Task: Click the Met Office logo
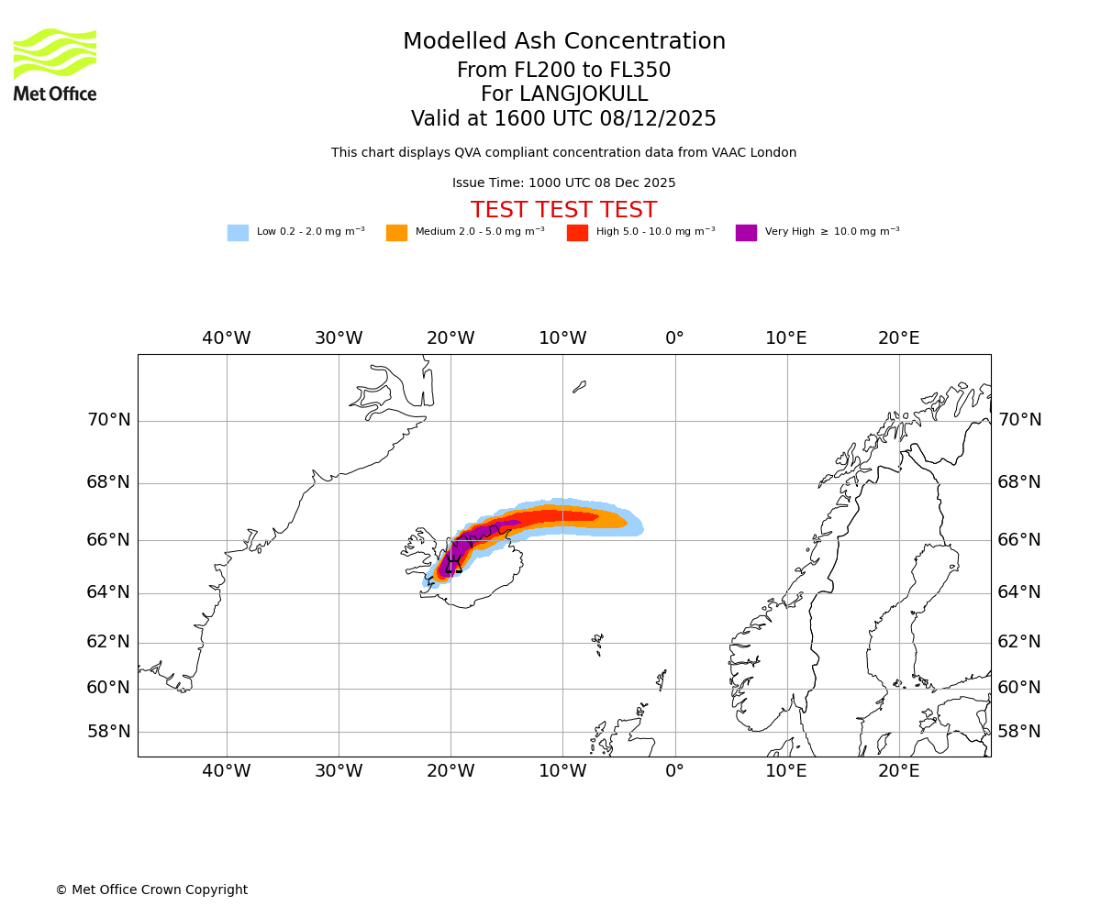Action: (55, 64)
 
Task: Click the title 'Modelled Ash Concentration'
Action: (564, 42)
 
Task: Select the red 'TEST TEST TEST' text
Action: (563, 210)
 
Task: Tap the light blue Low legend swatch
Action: (238, 233)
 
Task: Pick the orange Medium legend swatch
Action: (396, 233)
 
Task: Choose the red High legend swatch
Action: (577, 233)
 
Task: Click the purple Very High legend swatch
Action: (746, 233)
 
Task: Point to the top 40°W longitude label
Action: (227, 338)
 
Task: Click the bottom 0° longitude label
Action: (674, 771)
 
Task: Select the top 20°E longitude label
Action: (899, 338)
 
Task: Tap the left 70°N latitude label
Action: (108, 420)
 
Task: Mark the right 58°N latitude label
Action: (1019, 732)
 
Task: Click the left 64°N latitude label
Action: (108, 592)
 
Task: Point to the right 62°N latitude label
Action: (1019, 642)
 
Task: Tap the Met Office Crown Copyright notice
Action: (151, 890)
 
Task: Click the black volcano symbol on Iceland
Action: (453, 564)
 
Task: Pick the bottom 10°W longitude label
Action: (562, 771)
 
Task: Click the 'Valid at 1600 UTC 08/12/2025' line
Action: (563, 119)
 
